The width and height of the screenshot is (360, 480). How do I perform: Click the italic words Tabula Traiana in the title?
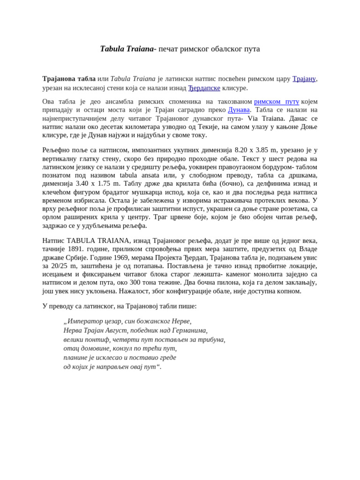tap(127, 49)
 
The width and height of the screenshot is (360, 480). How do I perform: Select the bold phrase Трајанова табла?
tap(68, 79)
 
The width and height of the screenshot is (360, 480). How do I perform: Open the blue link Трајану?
tap(304, 79)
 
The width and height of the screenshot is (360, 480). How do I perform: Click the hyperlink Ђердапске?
tap(204, 88)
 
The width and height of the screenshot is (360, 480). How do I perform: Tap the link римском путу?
tap(276, 101)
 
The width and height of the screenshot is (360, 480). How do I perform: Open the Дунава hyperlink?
tap(239, 110)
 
